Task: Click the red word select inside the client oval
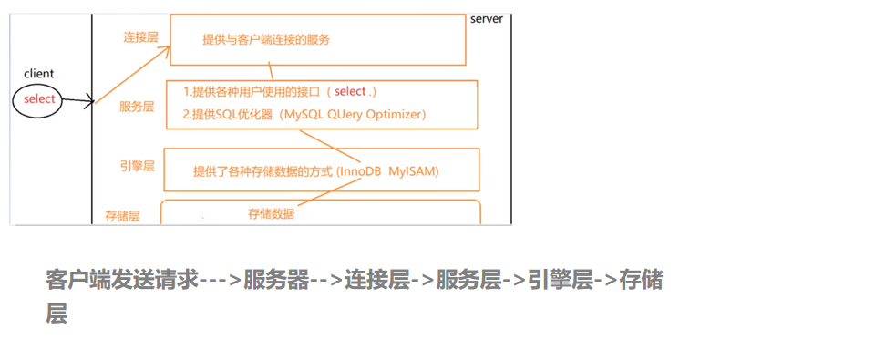[39, 99]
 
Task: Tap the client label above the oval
[39, 72]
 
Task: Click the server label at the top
[487, 19]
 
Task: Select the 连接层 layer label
[140, 37]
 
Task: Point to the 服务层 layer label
[137, 107]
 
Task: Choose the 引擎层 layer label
[137, 166]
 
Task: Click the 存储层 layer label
[121, 216]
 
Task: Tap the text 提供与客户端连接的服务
[265, 40]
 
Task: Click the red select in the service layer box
[350, 92]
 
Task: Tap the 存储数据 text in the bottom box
[271, 214]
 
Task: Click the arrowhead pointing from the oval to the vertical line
[90, 100]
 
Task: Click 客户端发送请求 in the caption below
[122, 280]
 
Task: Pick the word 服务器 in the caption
[277, 280]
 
